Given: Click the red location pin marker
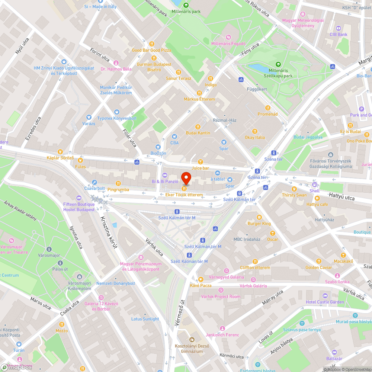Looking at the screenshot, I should tap(186, 178).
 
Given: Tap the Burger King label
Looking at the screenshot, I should tap(259, 224).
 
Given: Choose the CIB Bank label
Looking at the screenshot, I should tap(339, 35).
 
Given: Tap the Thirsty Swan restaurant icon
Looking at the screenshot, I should tap(294, 189).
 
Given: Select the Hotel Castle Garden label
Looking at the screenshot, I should tap(325, 302).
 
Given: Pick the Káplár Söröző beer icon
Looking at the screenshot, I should tap(60, 151).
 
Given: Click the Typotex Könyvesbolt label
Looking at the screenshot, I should tap(117, 118).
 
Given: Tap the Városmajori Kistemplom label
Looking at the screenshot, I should tap(80, 286).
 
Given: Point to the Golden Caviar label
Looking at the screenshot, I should tap(318, 267).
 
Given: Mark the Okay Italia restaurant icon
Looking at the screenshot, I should tap(255, 131).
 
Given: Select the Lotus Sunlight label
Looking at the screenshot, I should tap(145, 319).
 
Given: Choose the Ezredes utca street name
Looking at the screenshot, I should tap(33, 128).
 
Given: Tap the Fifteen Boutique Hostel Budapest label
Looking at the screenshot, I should tap(79, 207).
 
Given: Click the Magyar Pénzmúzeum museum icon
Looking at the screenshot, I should tap(141, 257).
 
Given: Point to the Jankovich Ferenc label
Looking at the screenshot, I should tap(222, 335).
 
